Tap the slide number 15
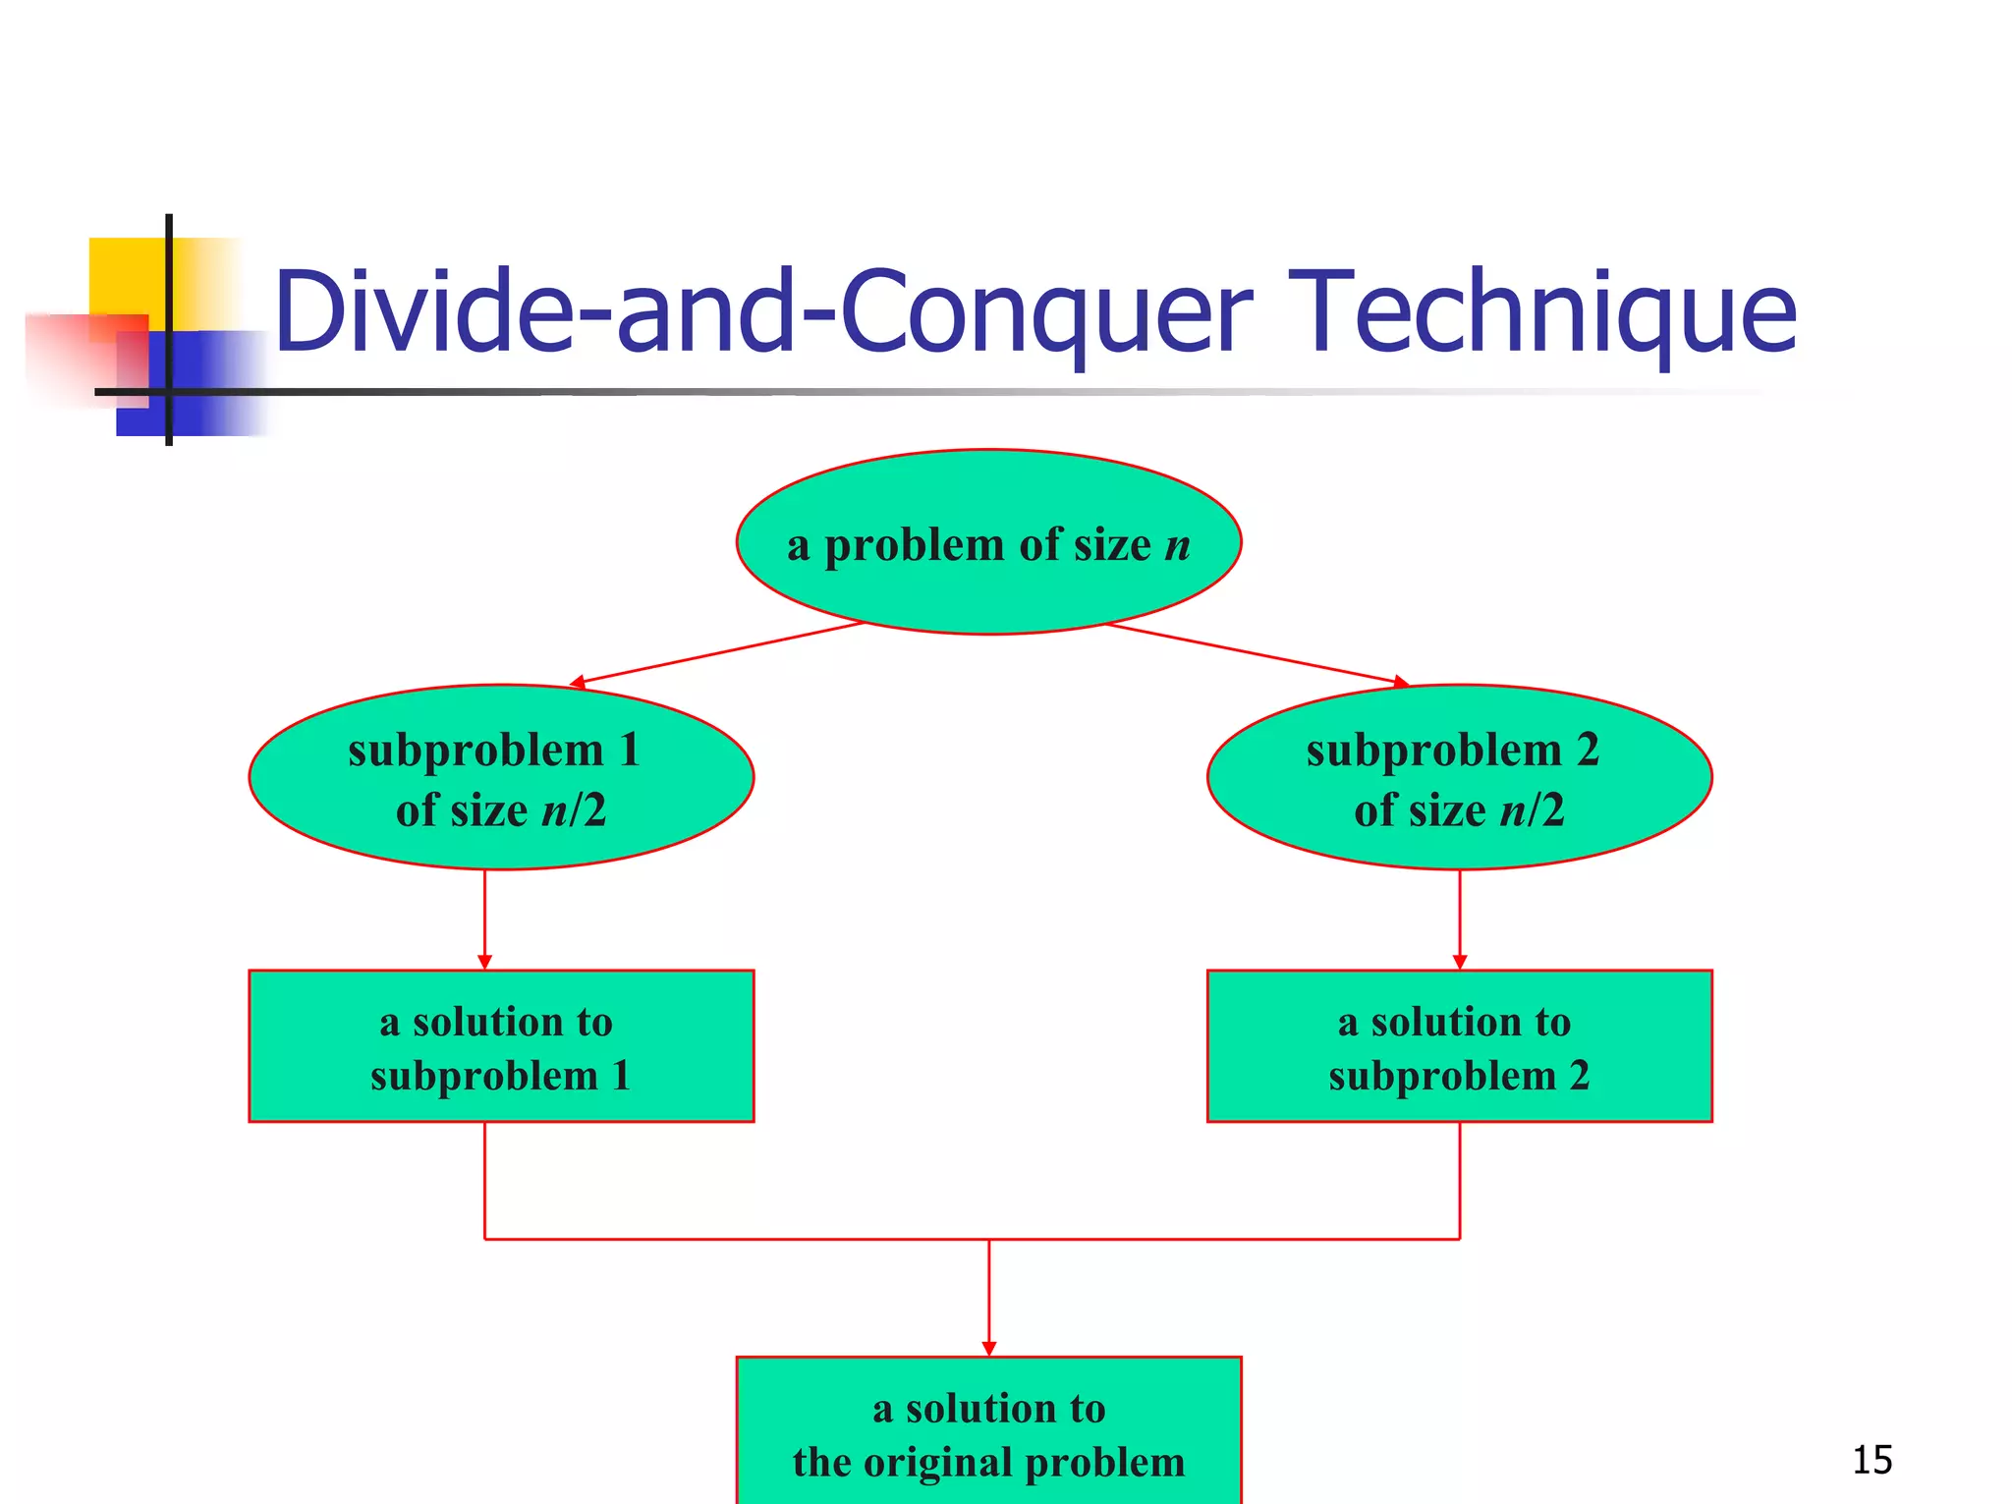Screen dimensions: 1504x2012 [1872, 1460]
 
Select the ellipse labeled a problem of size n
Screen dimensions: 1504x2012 [988, 542]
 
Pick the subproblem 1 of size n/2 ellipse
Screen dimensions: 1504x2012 [501, 777]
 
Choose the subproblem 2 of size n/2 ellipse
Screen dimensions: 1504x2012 [1459, 777]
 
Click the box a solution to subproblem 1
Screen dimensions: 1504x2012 [501, 1046]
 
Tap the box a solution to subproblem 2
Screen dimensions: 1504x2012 [1459, 1046]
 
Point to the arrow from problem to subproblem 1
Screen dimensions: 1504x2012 [717, 652]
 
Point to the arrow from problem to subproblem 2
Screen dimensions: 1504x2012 [1257, 652]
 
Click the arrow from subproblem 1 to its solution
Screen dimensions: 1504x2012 [484, 919]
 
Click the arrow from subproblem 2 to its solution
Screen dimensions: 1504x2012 [1459, 919]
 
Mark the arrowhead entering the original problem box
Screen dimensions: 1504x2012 [988, 1349]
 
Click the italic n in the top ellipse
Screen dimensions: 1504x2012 [1177, 545]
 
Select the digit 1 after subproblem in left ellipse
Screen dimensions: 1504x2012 [629, 751]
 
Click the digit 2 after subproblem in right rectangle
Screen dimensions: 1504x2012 [1579, 1076]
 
